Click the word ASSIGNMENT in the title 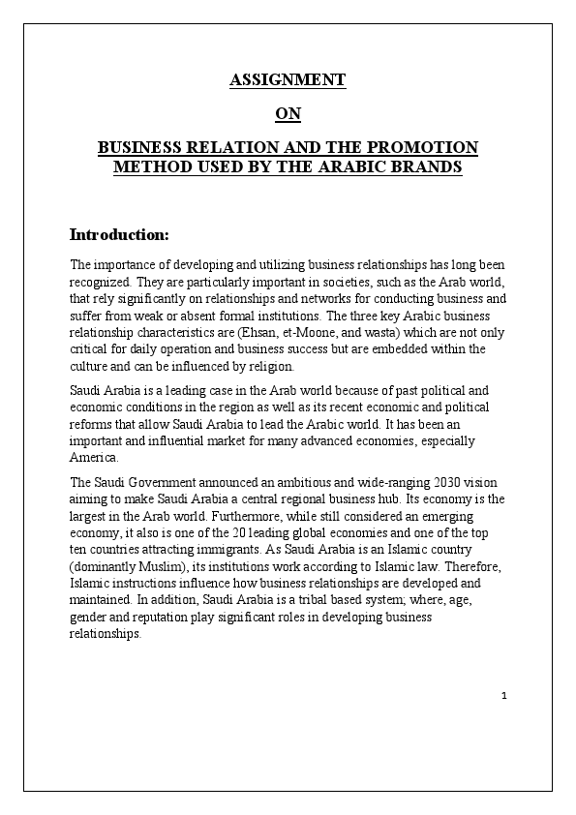[288, 80]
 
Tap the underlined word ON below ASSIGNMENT [288, 114]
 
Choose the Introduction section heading [119, 235]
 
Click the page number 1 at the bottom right [504, 696]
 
